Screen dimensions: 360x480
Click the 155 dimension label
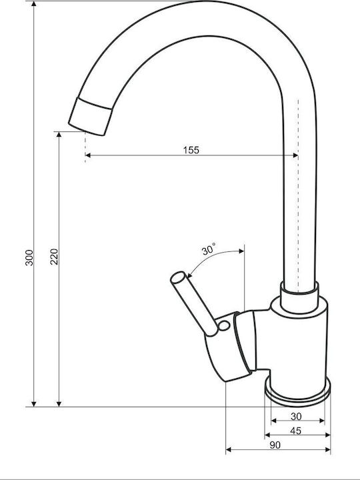pos(191,150)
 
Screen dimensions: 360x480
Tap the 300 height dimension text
pos(29,257)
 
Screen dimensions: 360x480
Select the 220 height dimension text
pos(54,257)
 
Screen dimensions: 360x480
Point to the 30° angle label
pos(209,249)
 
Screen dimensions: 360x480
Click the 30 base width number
pos(296,416)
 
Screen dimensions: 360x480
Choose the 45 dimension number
pos(295,431)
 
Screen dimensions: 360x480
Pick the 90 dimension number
pos(275,445)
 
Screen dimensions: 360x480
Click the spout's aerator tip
pos(90,117)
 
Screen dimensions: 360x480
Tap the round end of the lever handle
pos(178,277)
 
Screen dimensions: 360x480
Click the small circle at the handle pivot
pos(224,326)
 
